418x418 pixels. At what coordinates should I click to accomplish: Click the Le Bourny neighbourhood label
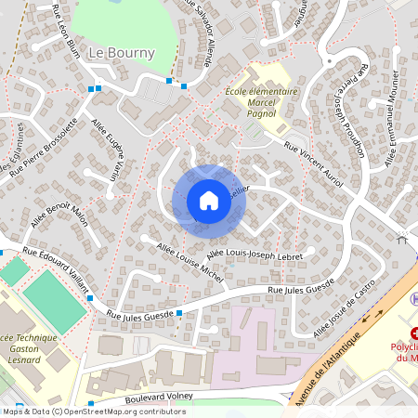(121, 53)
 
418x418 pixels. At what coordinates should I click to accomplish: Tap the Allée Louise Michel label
(190, 263)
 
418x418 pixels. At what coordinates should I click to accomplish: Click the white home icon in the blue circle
(208, 201)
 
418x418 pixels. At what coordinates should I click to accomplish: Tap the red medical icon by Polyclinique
(414, 332)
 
